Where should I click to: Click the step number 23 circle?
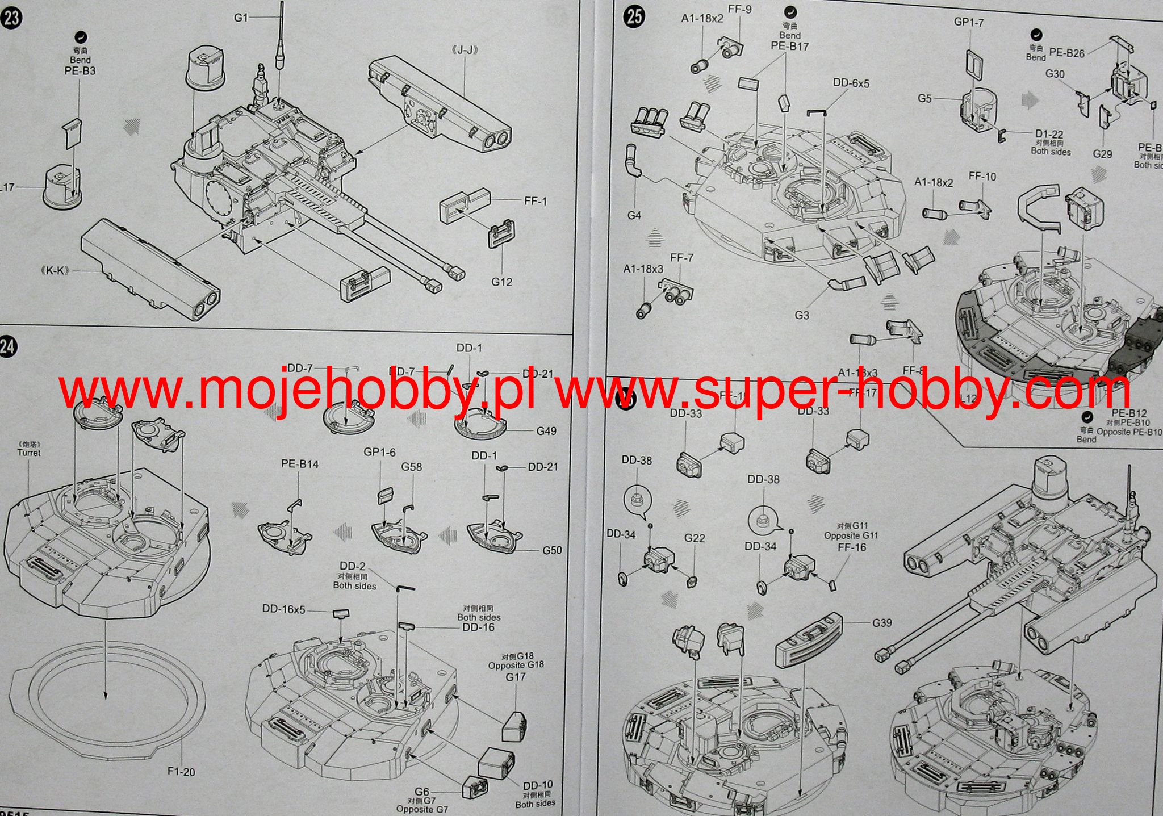(x=11, y=17)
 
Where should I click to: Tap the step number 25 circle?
(x=634, y=16)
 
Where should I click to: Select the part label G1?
(x=241, y=18)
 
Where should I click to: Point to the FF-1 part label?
(x=536, y=201)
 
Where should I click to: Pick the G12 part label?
(x=502, y=282)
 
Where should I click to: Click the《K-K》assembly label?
(x=55, y=271)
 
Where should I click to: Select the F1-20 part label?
(x=181, y=772)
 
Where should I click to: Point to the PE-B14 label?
(x=300, y=464)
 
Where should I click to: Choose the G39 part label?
(x=882, y=623)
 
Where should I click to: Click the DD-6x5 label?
(x=851, y=83)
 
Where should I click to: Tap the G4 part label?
(x=634, y=216)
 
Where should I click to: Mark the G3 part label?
(x=801, y=315)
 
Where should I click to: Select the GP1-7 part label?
(x=969, y=22)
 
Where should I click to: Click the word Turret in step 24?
(x=29, y=453)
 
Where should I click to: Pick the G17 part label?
(x=516, y=677)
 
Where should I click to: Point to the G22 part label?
(x=695, y=538)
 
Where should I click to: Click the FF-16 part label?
(x=852, y=547)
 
